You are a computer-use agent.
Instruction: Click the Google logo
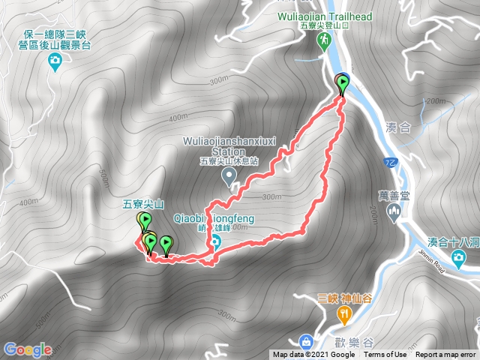coord(27,349)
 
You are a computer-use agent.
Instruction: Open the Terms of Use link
coord(385,355)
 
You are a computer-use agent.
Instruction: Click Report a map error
coord(446,355)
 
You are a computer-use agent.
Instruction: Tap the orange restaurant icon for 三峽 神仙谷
coord(343,316)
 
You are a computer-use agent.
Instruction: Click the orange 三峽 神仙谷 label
coord(344,298)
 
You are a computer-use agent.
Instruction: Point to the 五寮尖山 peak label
coord(143,203)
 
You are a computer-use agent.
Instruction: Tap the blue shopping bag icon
coord(306,341)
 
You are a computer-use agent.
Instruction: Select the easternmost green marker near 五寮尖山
coord(166,243)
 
